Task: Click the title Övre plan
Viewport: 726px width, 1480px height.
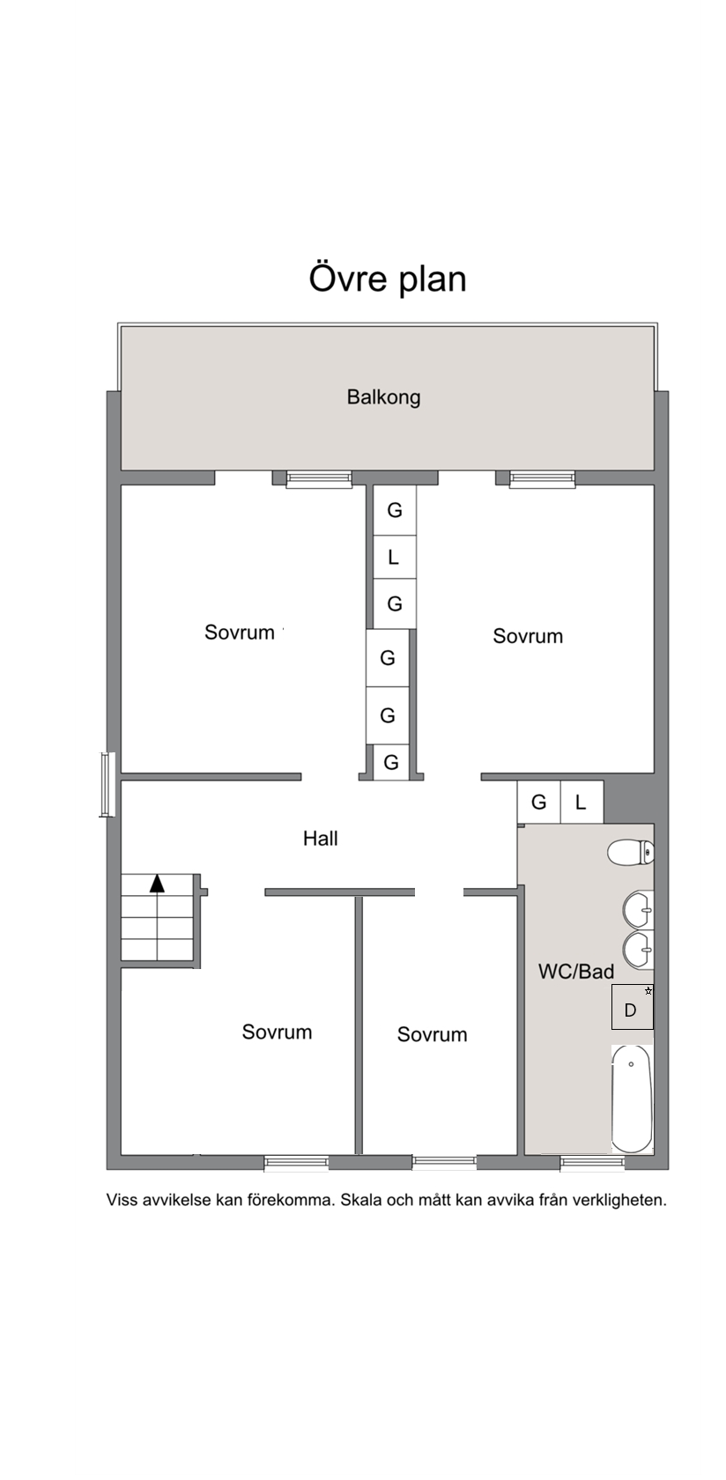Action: (388, 278)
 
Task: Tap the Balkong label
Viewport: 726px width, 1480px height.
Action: (384, 397)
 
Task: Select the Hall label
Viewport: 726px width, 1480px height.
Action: (321, 839)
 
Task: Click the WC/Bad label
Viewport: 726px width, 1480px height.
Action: (576, 971)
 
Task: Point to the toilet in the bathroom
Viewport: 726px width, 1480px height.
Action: (631, 853)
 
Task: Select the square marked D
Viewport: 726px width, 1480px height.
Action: (633, 1007)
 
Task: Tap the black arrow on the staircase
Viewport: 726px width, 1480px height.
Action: (157, 884)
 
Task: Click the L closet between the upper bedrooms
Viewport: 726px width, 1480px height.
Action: (395, 557)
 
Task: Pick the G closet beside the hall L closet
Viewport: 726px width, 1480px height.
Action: (539, 802)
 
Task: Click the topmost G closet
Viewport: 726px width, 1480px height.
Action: (395, 510)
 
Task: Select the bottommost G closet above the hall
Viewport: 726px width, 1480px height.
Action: (391, 763)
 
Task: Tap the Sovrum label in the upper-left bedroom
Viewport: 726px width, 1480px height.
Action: (239, 633)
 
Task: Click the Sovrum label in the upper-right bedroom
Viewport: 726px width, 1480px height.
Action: (528, 636)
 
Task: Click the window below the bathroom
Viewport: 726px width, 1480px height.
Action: (593, 1164)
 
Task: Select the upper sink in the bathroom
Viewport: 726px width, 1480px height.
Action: (638, 911)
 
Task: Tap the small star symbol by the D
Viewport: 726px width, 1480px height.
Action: (648, 990)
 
